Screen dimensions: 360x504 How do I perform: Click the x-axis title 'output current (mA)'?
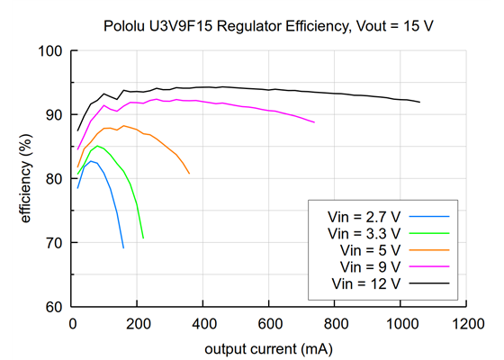click(x=268, y=347)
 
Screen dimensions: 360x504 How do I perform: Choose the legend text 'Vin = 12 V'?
click(x=367, y=283)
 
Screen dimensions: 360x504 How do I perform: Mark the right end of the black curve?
click(x=419, y=103)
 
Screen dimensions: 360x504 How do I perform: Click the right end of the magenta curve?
click(x=314, y=121)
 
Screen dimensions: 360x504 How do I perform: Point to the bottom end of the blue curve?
click(x=123, y=247)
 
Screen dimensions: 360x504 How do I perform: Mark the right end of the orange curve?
click(x=189, y=174)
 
